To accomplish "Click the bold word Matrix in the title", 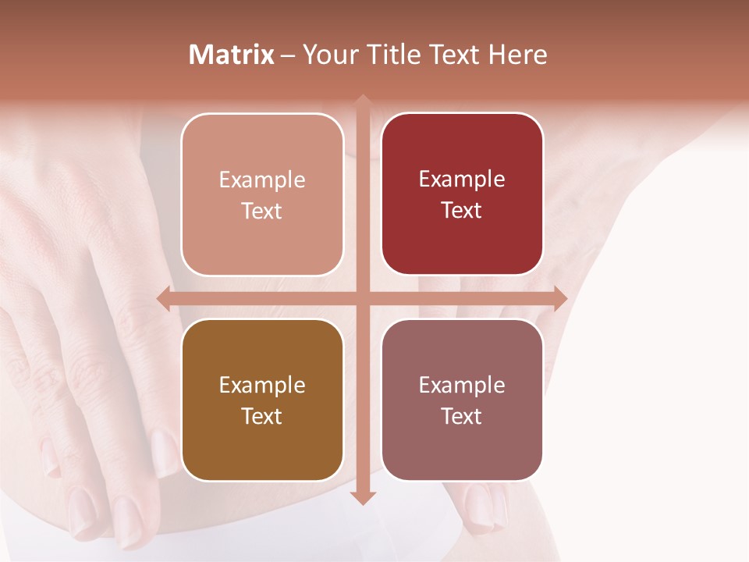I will pos(232,55).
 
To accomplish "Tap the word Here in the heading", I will pos(518,55).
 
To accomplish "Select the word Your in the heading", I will pos(328,55).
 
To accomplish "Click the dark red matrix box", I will pos(462,194).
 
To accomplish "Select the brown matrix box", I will pos(262,400).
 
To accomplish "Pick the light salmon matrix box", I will pos(262,194).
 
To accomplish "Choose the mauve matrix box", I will pos(462,400).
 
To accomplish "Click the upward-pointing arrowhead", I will pos(363,102).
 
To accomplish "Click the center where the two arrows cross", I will pos(363,298).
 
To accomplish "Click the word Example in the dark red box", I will pos(462,179).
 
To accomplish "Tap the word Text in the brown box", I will pos(262,416).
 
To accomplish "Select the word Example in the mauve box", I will pos(462,385).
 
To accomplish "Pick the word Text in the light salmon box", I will pos(262,211).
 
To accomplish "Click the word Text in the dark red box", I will pos(462,210).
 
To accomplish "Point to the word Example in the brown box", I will pos(262,385).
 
